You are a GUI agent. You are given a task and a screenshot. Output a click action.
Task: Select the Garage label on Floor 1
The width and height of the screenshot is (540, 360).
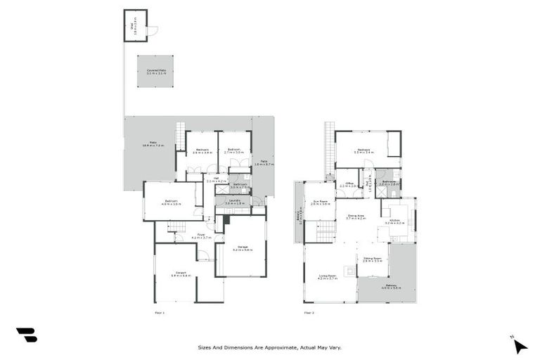(243, 248)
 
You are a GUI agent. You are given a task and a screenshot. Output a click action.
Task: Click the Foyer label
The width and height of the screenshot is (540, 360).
(200, 235)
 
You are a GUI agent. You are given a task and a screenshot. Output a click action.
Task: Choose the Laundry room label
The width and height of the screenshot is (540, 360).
(234, 201)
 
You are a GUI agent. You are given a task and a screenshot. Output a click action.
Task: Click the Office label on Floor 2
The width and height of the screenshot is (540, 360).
(349, 185)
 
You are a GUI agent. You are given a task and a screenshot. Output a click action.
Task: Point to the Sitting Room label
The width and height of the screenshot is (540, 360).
(373, 259)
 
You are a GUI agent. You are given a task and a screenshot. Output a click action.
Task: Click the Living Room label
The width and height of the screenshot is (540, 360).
(328, 277)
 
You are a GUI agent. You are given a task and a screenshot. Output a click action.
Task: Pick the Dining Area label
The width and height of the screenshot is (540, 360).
(355, 217)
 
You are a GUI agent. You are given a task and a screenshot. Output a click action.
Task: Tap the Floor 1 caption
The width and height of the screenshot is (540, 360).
(160, 312)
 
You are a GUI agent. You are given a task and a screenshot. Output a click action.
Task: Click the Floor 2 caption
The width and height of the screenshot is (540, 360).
(309, 312)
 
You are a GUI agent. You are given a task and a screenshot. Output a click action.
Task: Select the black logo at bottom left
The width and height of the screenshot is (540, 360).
(27, 335)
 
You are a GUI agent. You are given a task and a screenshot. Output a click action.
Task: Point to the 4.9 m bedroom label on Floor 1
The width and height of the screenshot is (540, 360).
(172, 202)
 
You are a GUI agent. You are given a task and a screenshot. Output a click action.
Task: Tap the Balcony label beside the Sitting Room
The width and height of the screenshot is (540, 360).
(391, 286)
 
